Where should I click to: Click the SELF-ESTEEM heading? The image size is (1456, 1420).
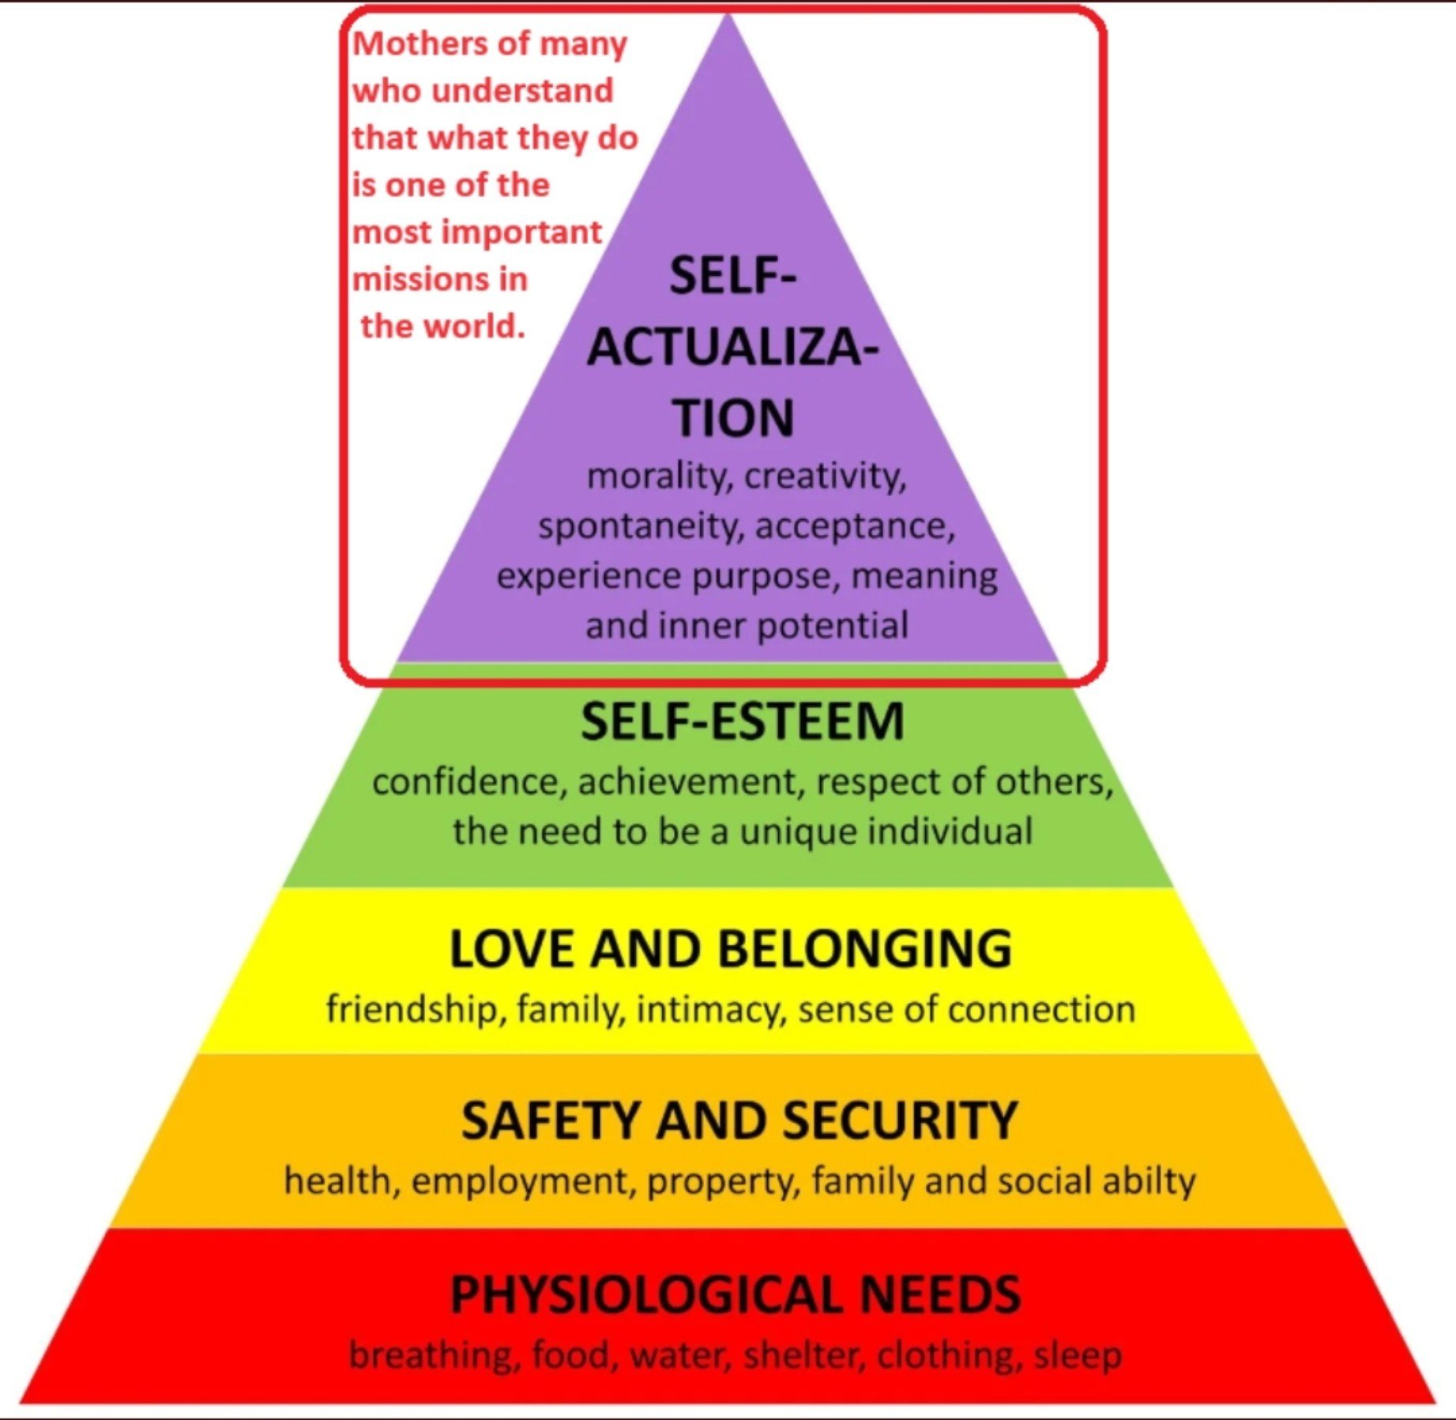point(742,721)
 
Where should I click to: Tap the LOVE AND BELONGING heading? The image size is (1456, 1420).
point(731,948)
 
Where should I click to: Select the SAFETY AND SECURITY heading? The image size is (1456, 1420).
point(739,1120)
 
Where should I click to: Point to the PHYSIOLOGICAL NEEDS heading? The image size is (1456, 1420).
point(736,1294)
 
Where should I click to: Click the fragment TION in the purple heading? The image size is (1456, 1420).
point(733,418)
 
